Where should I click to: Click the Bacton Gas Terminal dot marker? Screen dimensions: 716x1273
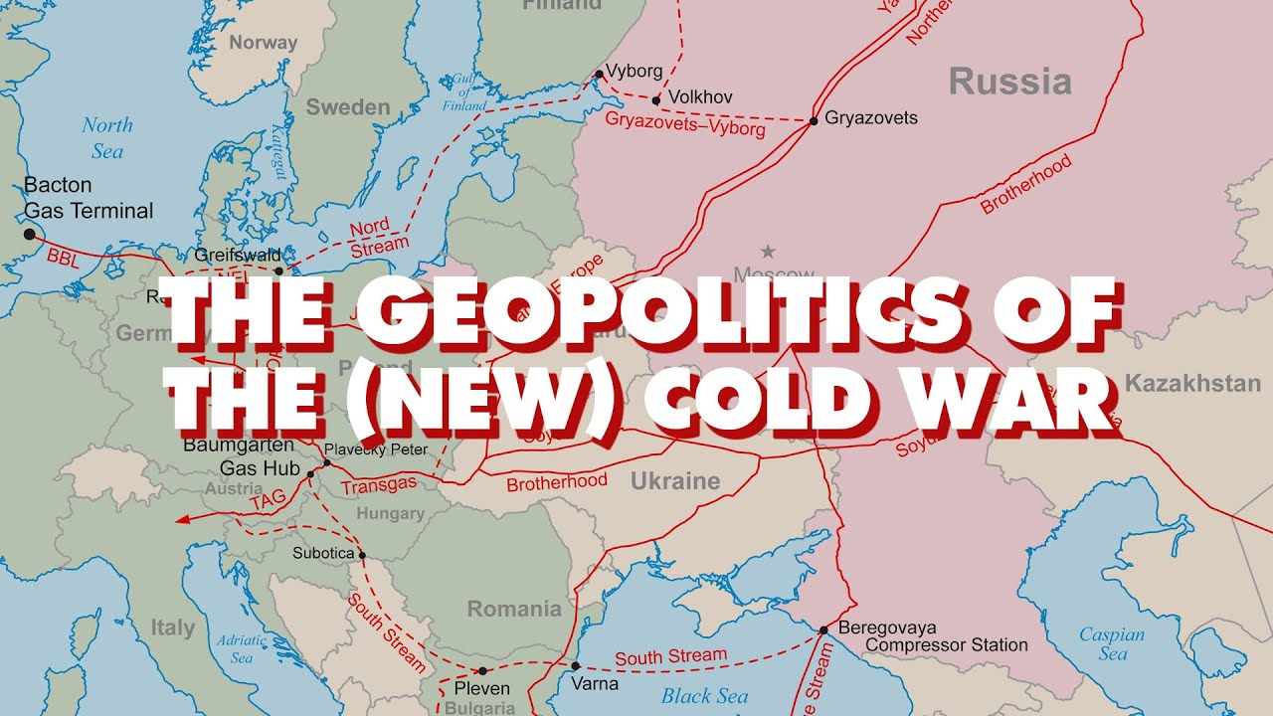tap(29, 234)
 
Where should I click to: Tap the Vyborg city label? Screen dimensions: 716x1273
tap(634, 72)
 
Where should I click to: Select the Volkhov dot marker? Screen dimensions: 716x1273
tap(655, 99)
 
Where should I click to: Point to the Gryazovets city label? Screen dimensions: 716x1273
tap(871, 117)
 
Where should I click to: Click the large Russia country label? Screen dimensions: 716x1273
tap(1009, 82)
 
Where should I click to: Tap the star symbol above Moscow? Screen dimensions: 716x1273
tap(767, 252)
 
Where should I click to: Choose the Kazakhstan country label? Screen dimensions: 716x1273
tap(1192, 383)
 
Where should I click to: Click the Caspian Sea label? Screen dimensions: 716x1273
tap(1112, 643)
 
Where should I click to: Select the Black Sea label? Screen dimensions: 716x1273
tap(704, 695)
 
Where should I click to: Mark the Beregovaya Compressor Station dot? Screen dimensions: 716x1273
tap(822, 629)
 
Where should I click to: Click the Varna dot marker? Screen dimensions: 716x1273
tap(575, 666)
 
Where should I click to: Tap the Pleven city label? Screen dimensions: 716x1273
tap(481, 688)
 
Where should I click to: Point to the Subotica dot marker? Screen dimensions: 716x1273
tap(362, 555)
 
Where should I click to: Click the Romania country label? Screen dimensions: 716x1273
tap(514, 609)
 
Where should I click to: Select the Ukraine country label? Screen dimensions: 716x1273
tap(674, 481)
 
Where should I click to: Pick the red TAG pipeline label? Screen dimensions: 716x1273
tap(268, 502)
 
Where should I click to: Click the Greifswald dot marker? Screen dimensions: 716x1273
tap(278, 270)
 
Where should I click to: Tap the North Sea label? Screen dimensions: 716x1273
tap(106, 137)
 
